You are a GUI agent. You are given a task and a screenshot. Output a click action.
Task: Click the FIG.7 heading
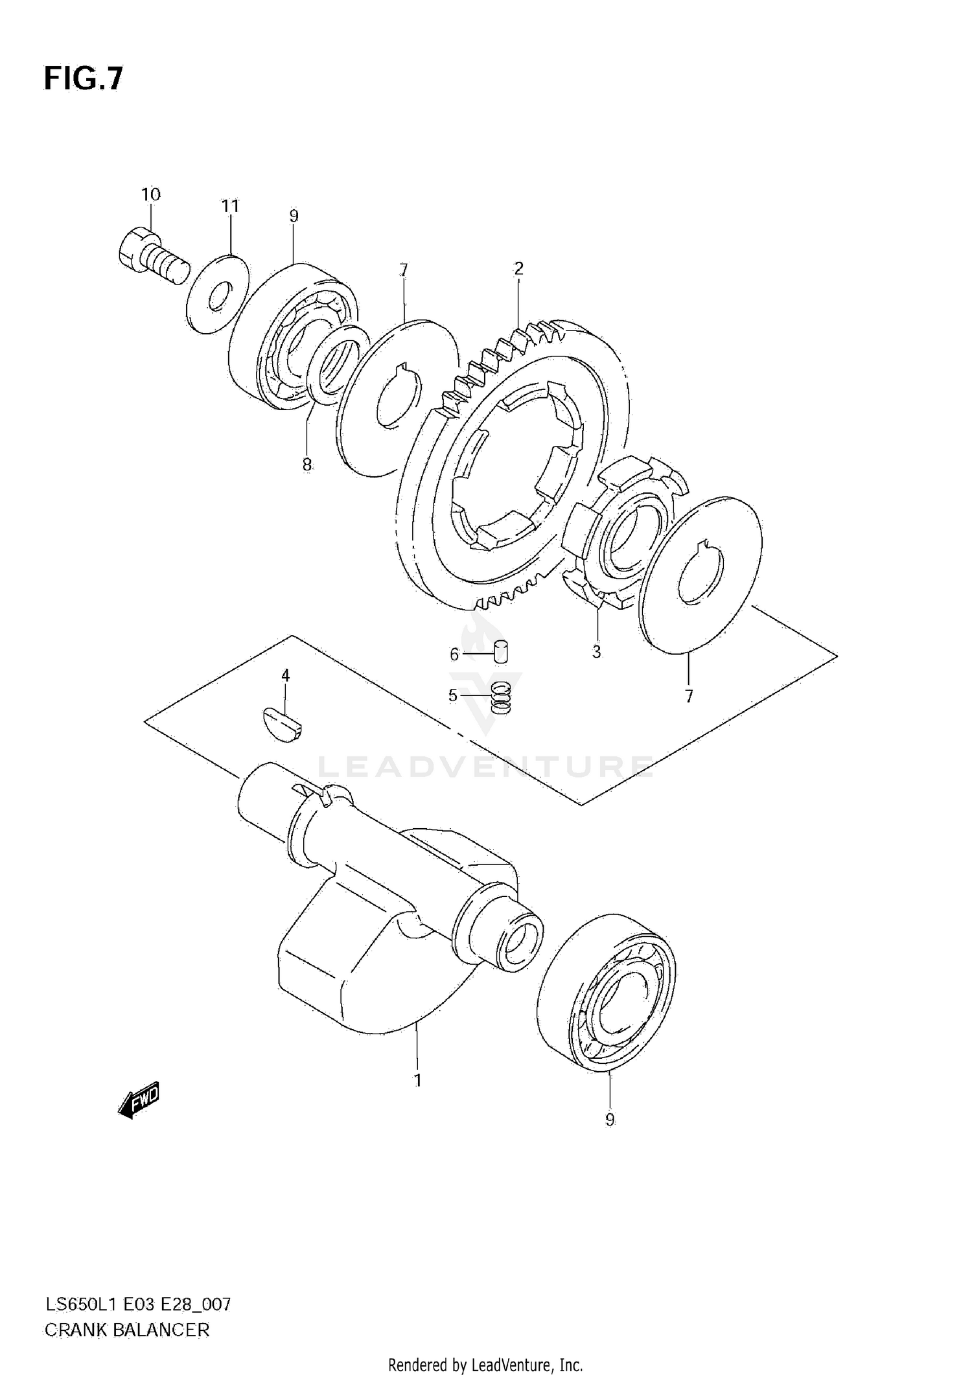click(83, 79)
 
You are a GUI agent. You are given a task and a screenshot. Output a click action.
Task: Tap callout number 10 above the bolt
click(150, 194)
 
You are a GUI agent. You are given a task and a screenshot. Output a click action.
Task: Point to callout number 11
click(230, 206)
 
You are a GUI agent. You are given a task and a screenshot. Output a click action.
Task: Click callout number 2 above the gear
click(518, 268)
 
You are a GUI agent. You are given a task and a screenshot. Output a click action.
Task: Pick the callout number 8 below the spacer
click(307, 464)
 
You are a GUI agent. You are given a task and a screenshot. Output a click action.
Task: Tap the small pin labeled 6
click(501, 651)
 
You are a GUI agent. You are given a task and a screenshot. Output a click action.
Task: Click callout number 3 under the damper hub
click(596, 653)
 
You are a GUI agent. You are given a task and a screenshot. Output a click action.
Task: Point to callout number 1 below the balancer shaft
click(418, 1080)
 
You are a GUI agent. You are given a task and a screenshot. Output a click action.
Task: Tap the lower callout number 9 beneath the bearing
click(609, 1120)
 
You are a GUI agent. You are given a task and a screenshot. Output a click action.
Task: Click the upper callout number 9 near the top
click(294, 216)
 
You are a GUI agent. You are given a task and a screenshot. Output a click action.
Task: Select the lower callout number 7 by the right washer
click(688, 697)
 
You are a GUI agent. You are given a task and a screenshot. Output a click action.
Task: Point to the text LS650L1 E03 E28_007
click(137, 1304)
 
